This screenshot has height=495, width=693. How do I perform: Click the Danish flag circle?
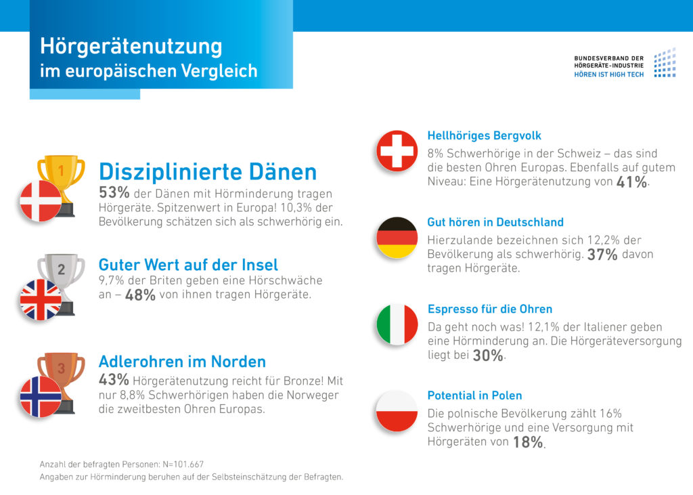pyautogui.click(x=41, y=200)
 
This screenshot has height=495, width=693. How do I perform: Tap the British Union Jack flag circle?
pyautogui.click(x=41, y=299)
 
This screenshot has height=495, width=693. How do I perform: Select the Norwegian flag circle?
pyautogui.click(x=41, y=396)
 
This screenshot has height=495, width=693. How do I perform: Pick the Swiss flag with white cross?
pyautogui.click(x=397, y=150)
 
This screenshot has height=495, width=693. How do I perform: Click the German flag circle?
pyautogui.click(x=397, y=238)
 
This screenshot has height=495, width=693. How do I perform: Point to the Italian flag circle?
pyautogui.click(x=397, y=324)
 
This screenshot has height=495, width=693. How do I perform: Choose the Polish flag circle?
pyautogui.click(x=397, y=411)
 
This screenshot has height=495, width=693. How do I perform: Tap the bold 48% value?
pyautogui.click(x=141, y=296)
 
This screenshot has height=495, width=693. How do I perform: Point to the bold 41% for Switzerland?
pyautogui.click(x=631, y=182)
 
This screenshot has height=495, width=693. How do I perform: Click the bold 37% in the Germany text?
pyautogui.click(x=602, y=255)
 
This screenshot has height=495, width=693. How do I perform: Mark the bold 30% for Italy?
pyautogui.click(x=487, y=356)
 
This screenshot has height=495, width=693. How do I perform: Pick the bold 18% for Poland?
pyautogui.click(x=528, y=443)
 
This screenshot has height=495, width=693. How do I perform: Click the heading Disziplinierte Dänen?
pyautogui.click(x=208, y=171)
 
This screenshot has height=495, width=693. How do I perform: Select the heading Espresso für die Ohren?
pyautogui.click(x=490, y=309)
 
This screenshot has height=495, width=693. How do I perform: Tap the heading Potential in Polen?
pyautogui.click(x=474, y=395)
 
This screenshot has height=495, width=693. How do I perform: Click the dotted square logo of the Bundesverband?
pyautogui.click(x=664, y=62)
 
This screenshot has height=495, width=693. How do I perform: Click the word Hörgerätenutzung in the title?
pyautogui.click(x=131, y=46)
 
